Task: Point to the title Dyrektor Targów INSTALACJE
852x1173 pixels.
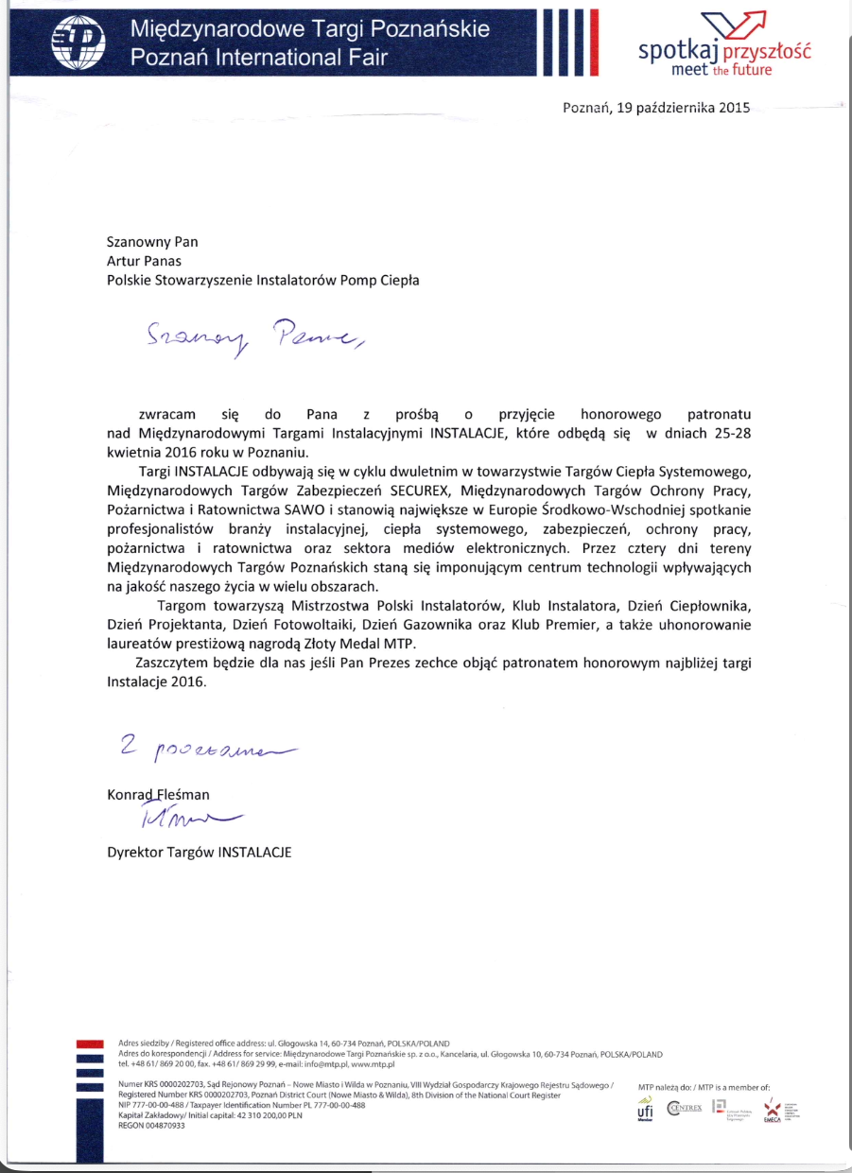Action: (x=200, y=852)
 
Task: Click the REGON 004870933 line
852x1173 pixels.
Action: (x=151, y=1126)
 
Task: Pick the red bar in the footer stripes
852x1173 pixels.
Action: (x=89, y=1044)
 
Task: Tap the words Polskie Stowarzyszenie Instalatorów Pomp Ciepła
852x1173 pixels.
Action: (x=263, y=281)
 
